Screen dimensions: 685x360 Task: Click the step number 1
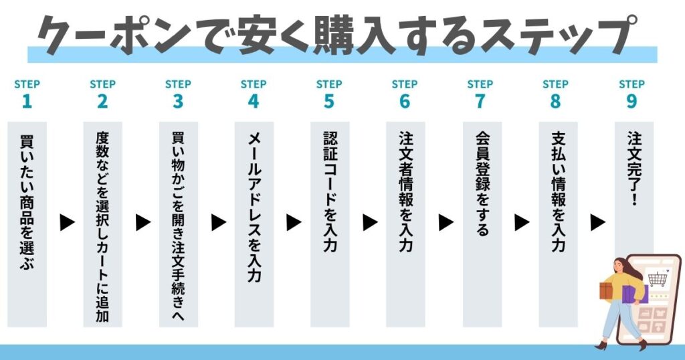coord(27,101)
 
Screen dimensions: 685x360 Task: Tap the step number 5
coord(329,101)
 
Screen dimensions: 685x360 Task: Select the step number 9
coord(631,101)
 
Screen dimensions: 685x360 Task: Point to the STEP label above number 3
coord(178,84)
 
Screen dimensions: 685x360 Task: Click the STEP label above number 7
coord(480,84)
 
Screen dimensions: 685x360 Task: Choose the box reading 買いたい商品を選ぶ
coord(27,224)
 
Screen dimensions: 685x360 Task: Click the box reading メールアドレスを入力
coord(254,224)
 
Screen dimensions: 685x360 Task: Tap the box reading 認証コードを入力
coord(330,224)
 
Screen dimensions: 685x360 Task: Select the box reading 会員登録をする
coord(482,224)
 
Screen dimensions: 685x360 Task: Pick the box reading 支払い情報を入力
coord(558,224)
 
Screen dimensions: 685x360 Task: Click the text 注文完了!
coord(634,168)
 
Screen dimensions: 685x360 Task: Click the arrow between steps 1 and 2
coord(68,223)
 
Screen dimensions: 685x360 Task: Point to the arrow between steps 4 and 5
coord(294,223)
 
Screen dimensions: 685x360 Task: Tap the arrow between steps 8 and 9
coord(597,223)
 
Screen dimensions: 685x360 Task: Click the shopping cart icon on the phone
coord(658,278)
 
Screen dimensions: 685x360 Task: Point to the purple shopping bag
coord(634,294)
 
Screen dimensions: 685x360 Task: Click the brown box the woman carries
coord(606,290)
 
